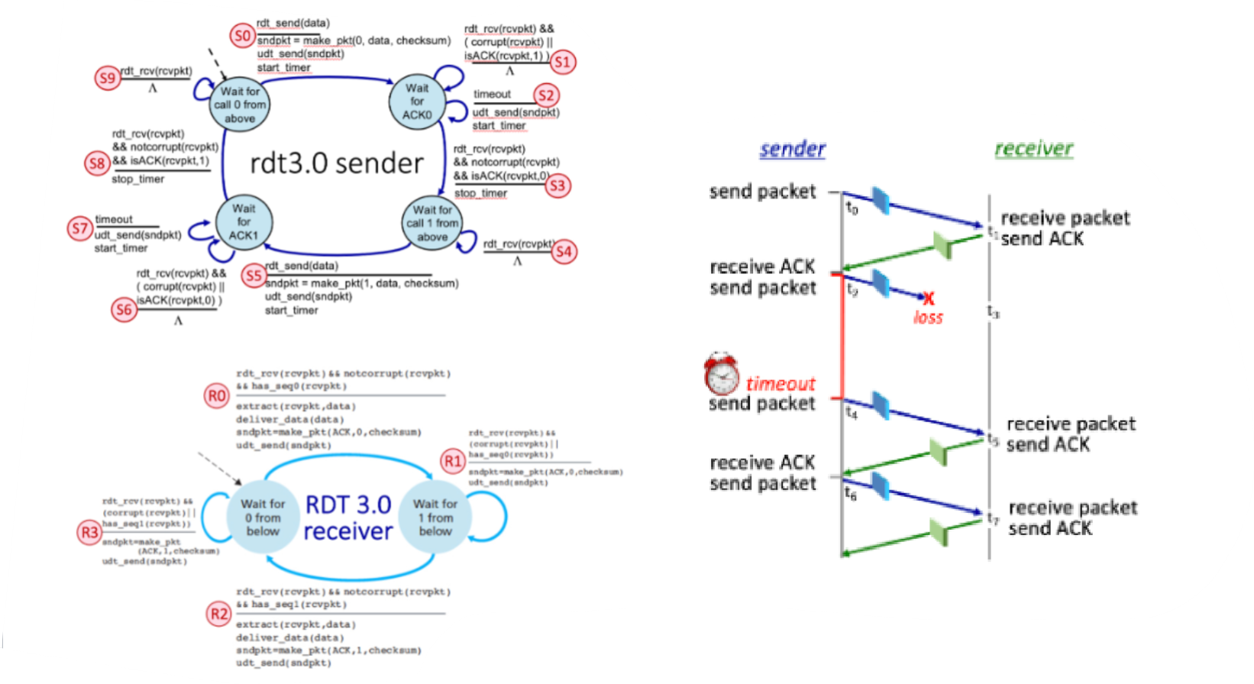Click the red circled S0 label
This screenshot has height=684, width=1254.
243,36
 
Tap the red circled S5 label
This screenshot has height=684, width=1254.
253,276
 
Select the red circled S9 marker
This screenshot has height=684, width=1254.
108,77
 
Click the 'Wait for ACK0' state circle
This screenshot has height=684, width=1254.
417,102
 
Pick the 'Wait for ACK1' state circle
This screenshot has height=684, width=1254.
244,222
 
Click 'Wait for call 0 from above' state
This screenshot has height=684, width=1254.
240,105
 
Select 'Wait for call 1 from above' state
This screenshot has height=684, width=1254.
432,223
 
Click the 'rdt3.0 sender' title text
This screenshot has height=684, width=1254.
337,163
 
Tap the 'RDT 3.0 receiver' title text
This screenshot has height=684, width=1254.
348,518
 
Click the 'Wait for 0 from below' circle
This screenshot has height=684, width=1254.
263,518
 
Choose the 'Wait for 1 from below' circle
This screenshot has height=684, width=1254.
435,518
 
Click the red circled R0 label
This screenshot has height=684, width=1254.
217,395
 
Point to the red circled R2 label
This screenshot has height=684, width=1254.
219,614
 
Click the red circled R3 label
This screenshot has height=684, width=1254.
89,532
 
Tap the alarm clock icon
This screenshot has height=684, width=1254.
722,373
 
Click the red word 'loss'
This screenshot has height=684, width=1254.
928,318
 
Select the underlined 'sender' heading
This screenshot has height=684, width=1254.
792,149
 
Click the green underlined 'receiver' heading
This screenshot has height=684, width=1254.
1033,149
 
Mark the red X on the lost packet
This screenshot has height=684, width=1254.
928,298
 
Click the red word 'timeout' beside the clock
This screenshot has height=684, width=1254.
781,383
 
